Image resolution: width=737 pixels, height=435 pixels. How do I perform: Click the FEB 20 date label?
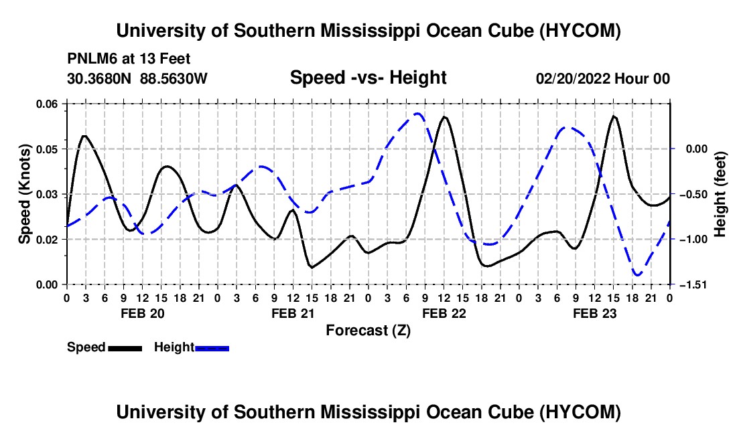coord(143,313)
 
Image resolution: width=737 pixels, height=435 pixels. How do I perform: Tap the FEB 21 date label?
coord(293,313)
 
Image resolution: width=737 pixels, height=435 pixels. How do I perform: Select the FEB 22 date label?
coord(444,313)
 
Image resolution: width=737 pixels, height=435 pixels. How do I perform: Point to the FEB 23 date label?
coord(594,313)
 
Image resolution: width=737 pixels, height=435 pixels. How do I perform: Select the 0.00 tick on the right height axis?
coord(696,149)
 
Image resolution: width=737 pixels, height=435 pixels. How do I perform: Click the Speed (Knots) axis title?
coord(24,194)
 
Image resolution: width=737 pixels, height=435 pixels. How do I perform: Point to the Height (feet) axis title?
coord(720,194)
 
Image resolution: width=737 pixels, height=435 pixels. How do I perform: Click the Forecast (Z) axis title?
coord(368,331)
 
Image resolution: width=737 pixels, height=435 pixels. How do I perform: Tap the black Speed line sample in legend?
coord(125,348)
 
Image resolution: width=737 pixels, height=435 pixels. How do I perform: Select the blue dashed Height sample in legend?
coord(212,348)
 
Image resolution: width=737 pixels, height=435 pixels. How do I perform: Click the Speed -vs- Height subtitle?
coord(368,78)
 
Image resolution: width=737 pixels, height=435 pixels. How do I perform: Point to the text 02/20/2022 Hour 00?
coord(603,78)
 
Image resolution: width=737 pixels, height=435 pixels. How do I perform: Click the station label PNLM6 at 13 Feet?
coord(129,59)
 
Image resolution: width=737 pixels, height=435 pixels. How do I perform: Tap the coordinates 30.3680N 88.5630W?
coord(137,78)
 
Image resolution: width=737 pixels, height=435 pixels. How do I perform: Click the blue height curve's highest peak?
coord(417,114)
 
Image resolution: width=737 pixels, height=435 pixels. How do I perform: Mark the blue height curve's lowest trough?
coord(637,275)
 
